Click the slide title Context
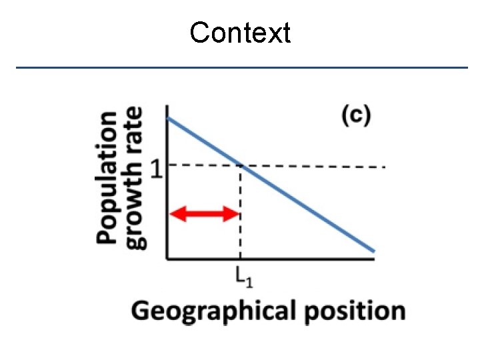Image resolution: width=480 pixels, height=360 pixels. coord(240,32)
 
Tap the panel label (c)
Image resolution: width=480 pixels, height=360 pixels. coord(356,115)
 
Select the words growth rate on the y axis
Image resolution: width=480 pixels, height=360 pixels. coord(133,177)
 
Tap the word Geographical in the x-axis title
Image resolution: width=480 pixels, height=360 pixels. coord(213,311)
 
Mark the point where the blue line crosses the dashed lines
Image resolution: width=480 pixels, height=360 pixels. coord(240,166)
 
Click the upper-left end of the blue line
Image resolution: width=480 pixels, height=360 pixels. coord(167,118)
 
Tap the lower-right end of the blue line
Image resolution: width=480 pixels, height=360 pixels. coord(374,251)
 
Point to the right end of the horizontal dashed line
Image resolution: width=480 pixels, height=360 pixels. coord(385,166)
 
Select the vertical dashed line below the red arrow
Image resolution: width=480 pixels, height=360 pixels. coord(240,240)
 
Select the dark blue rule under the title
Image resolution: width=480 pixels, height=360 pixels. coord(241,67)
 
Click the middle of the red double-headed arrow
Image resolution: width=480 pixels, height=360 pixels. coord(205,213)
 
